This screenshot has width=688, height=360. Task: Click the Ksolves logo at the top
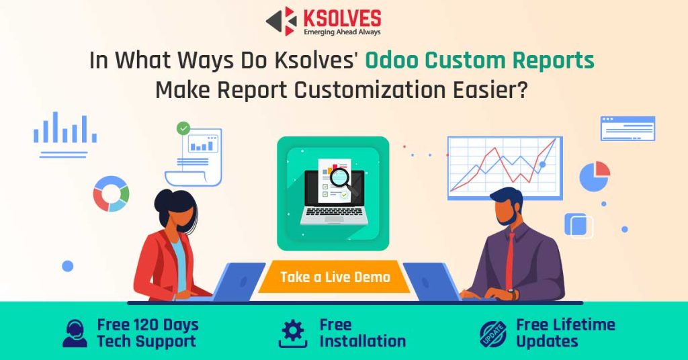click(x=323, y=21)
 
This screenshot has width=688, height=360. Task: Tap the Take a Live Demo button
click(x=335, y=277)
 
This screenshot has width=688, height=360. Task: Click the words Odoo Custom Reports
click(x=480, y=60)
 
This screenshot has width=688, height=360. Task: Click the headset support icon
click(x=75, y=333)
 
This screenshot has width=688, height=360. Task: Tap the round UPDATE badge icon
click(x=492, y=334)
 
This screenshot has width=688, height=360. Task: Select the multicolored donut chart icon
click(x=111, y=193)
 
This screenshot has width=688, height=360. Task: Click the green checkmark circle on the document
click(x=183, y=128)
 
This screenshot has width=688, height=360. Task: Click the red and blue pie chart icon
click(x=595, y=176)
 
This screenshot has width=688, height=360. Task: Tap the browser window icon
click(x=628, y=128)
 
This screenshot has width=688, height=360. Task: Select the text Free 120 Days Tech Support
click(x=147, y=333)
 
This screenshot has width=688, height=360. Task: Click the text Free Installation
click(x=362, y=333)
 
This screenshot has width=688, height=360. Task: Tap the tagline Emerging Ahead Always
click(x=341, y=32)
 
